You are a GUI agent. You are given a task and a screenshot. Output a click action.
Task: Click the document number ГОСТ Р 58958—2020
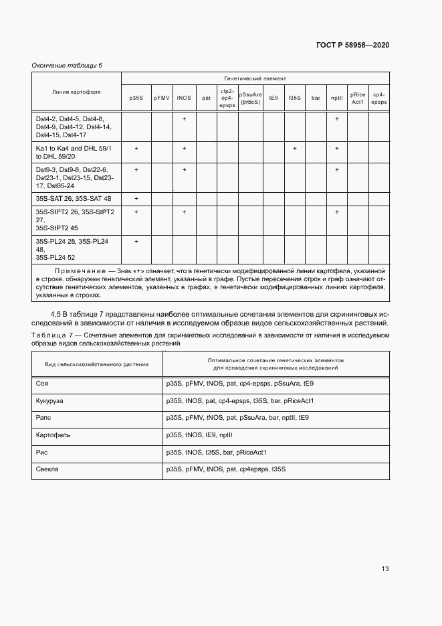[x=352, y=45]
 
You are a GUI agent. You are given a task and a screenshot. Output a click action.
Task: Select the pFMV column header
[x=161, y=98]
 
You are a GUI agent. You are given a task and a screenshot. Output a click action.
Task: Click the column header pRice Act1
[x=358, y=98]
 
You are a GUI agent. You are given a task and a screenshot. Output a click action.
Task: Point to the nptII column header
[x=336, y=98]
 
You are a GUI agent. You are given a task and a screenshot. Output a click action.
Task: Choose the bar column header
[x=316, y=98]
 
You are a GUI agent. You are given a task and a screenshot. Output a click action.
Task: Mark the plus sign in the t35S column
[x=294, y=148]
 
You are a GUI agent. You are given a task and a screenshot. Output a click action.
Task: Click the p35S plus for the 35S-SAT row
[x=136, y=199]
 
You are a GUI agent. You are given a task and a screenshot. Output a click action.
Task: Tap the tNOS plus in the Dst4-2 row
[x=184, y=119]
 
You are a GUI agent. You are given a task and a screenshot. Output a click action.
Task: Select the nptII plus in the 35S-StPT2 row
[x=336, y=212]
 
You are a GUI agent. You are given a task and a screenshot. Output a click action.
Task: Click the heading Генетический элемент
[x=255, y=78]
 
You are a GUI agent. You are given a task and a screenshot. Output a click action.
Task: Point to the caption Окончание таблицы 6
[x=67, y=65]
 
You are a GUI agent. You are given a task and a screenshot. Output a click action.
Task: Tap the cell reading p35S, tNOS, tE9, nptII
[x=199, y=435]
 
